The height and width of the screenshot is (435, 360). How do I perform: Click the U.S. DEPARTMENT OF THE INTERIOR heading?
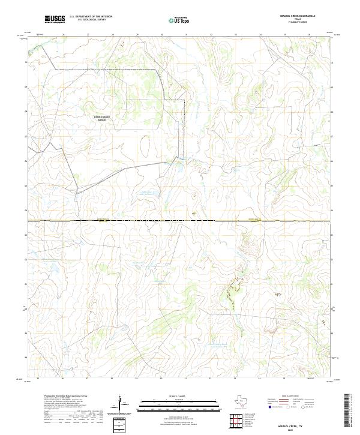click(91, 17)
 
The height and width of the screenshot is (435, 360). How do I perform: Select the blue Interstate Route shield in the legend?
click(269, 406)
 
